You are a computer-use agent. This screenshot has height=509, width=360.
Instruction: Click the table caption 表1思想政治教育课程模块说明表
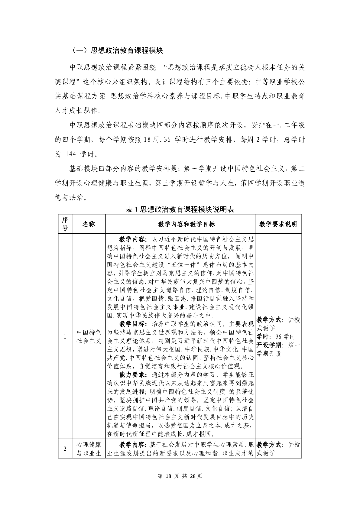180,209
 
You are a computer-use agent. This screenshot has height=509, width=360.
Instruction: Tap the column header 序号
65,224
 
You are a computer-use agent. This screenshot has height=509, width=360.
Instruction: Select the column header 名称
89,224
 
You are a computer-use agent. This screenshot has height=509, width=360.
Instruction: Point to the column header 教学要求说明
278,224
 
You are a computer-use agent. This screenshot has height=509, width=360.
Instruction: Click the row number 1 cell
65,337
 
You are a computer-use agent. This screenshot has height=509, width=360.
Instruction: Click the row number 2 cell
65,449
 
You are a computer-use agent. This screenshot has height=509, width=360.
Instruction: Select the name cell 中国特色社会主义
89,337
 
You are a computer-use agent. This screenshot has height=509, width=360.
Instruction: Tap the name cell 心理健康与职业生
89,449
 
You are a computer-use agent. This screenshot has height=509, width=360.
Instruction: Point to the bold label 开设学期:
271,345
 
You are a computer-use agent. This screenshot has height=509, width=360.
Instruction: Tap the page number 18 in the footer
168,476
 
